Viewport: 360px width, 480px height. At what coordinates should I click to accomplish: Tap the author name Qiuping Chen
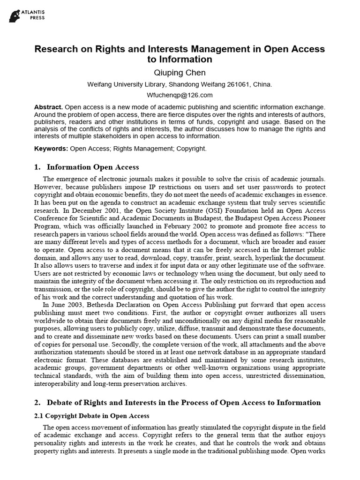pyautogui.click(x=180, y=73)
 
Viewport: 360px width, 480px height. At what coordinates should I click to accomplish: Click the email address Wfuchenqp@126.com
pyautogui.click(x=180, y=95)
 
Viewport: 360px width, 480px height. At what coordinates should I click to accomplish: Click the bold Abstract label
pyautogui.click(x=48, y=107)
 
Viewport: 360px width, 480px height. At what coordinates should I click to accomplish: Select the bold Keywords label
pyautogui.click(x=51, y=149)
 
